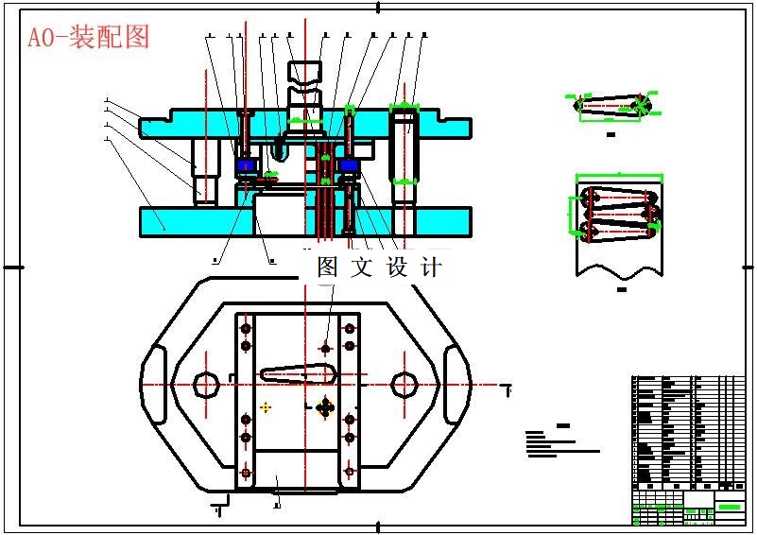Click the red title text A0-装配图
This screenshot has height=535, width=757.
(x=88, y=37)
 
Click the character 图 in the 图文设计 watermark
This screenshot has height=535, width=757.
(x=328, y=267)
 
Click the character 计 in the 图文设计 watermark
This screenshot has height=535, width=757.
(x=430, y=267)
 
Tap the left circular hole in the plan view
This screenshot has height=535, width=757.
(x=206, y=384)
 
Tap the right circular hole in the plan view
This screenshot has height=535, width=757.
(x=404, y=384)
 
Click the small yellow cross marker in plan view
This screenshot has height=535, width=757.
(x=266, y=407)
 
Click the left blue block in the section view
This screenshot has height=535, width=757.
(x=247, y=166)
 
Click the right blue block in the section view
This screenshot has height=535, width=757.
(x=349, y=166)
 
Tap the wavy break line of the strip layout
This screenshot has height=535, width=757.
(x=619, y=267)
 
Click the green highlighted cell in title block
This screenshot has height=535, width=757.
(x=730, y=507)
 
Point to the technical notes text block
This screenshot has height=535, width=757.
(x=558, y=442)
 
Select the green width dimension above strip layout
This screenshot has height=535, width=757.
(x=619, y=175)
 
